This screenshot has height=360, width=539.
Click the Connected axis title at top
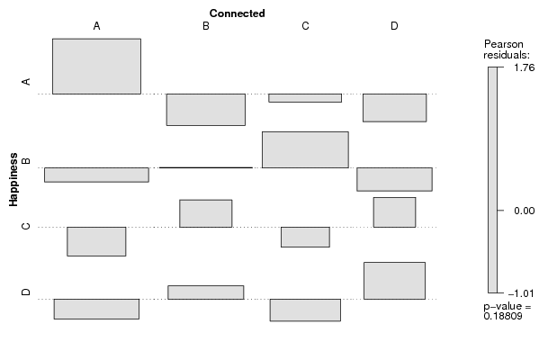pyautogui.click(x=237, y=13)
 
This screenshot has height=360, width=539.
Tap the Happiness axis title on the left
pyautogui.click(x=13, y=179)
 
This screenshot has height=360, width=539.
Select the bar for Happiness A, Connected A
pyautogui.click(x=96, y=66)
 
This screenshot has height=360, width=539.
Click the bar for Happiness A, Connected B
pyautogui.click(x=206, y=110)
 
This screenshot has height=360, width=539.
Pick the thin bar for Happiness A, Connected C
pyautogui.click(x=305, y=98)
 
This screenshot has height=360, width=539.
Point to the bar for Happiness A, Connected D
pyautogui.click(x=395, y=108)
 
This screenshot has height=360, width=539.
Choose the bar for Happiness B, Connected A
pyautogui.click(x=96, y=175)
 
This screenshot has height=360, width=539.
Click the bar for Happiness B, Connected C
pyautogui.click(x=305, y=149)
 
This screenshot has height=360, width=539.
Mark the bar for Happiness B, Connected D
pyautogui.click(x=395, y=179)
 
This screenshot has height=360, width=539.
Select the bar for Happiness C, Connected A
pyautogui.click(x=96, y=241)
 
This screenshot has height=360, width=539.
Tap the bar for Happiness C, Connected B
pyautogui.click(x=206, y=213)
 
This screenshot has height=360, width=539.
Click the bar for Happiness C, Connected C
pyautogui.click(x=305, y=237)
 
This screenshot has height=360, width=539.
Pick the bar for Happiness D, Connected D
pyautogui.click(x=395, y=281)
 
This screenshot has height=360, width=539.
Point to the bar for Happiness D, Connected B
pyautogui.click(x=206, y=292)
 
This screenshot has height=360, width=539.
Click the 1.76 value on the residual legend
pyautogui.click(x=525, y=67)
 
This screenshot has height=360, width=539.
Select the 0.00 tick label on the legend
pyautogui.click(x=525, y=211)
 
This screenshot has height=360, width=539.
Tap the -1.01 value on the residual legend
pyautogui.click(x=521, y=293)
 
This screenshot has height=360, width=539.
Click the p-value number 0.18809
pyautogui.click(x=503, y=316)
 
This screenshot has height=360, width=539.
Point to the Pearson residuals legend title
pyautogui.click(x=507, y=49)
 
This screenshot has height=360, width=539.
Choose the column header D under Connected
pyautogui.click(x=394, y=26)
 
